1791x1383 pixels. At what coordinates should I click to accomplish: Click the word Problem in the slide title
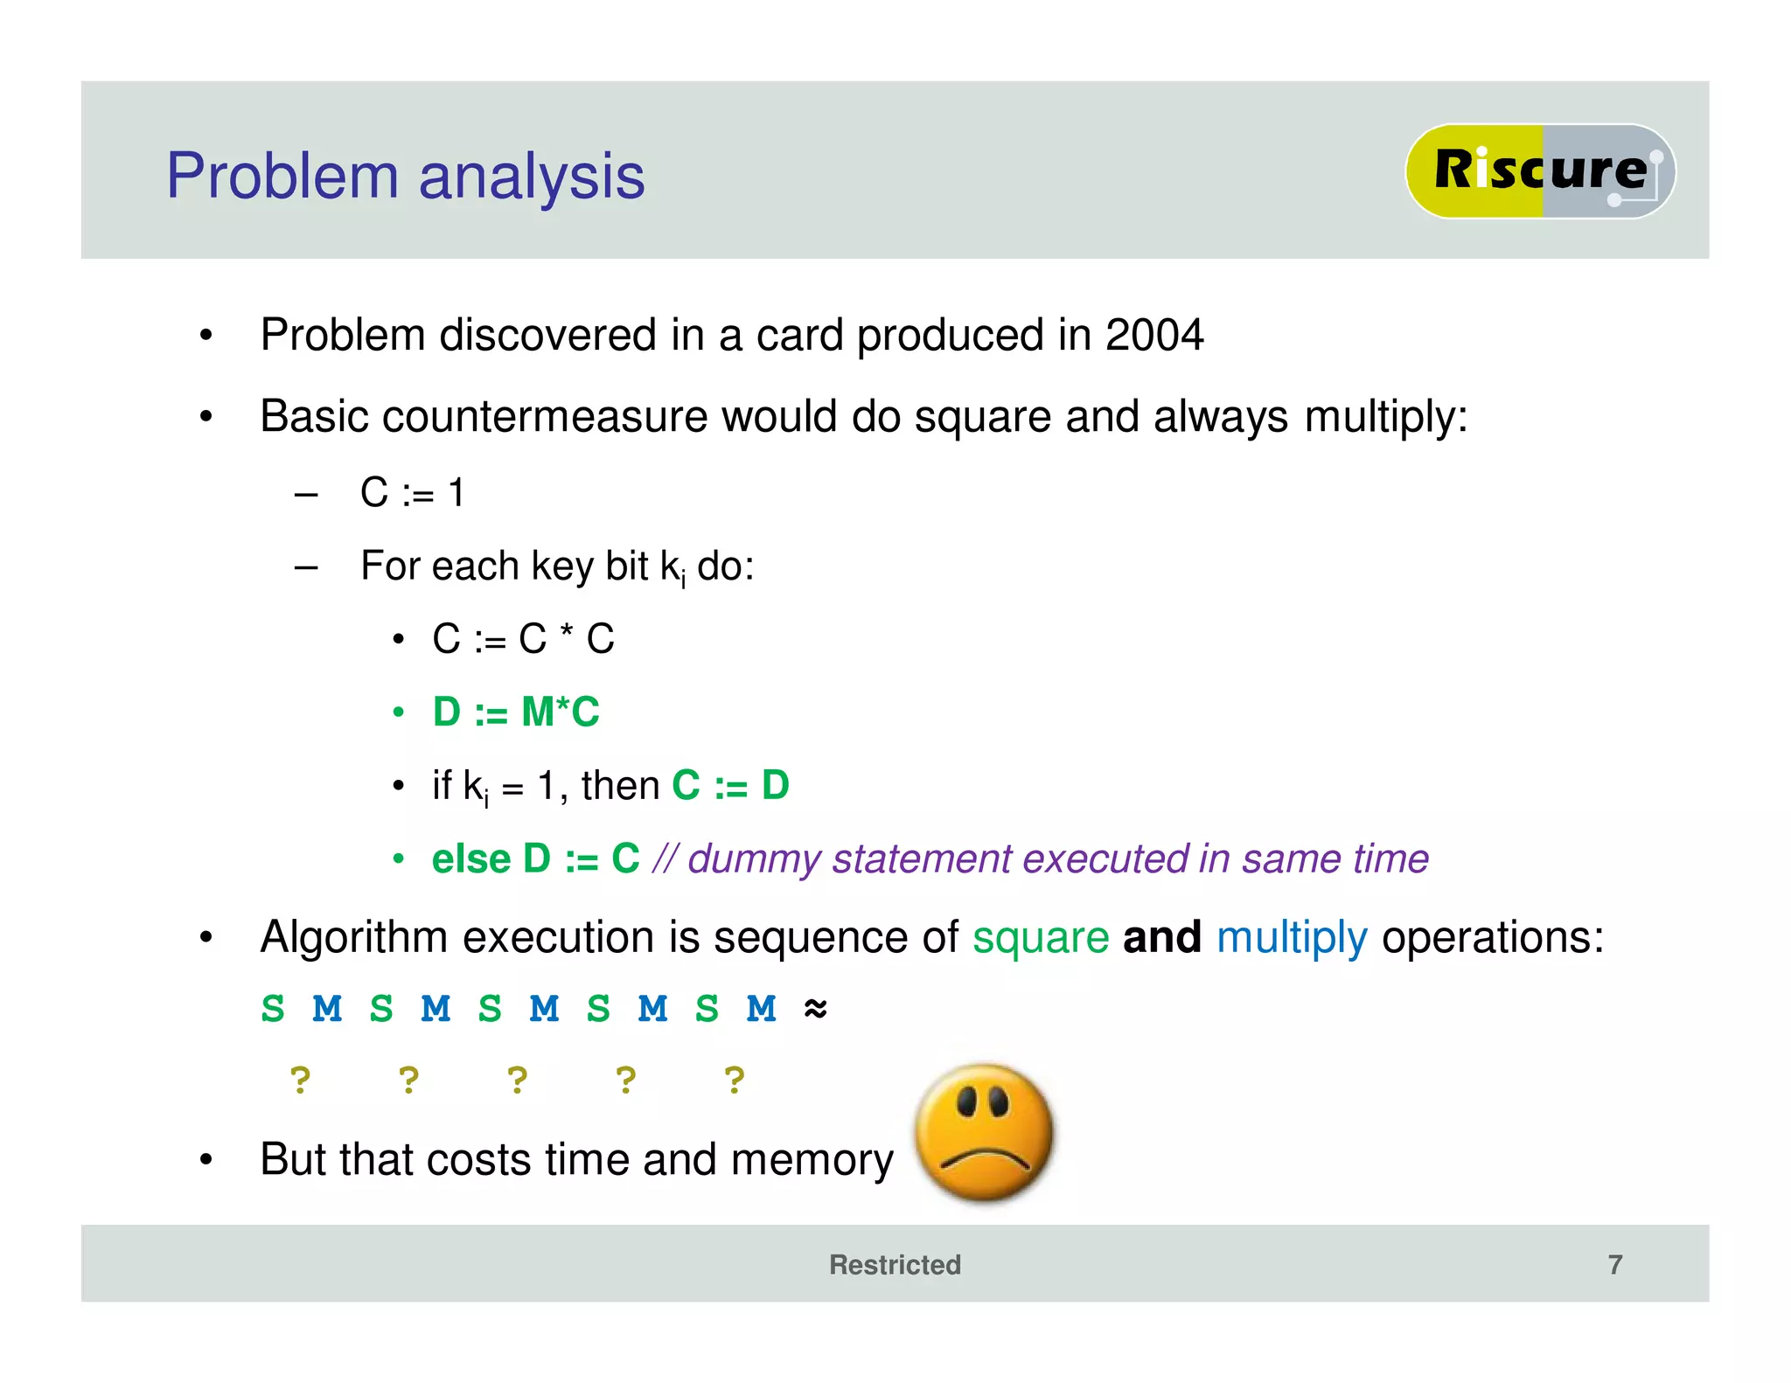282,177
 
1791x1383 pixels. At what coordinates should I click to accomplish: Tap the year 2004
1153,335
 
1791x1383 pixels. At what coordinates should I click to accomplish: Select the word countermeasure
544,416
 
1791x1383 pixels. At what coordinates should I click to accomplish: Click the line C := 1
412,493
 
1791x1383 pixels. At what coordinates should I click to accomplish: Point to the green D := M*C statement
516,712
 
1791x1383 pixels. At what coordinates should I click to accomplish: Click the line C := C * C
523,639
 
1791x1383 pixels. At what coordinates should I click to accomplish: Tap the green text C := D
730,785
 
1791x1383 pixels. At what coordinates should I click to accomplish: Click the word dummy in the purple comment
754,859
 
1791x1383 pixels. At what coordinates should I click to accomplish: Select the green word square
1041,938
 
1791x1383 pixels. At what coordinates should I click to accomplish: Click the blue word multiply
1291,938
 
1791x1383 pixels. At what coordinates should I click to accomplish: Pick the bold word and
1161,937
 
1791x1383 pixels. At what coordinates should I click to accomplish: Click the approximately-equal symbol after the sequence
815,1009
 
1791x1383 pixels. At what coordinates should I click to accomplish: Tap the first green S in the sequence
273,1009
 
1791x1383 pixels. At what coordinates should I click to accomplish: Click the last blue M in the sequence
761,1009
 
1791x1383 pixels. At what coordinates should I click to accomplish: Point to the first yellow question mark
300,1081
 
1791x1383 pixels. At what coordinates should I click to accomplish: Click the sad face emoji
985,1132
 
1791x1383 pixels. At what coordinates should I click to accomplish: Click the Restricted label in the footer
895,1264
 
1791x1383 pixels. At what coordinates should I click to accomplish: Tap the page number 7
1614,1264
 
